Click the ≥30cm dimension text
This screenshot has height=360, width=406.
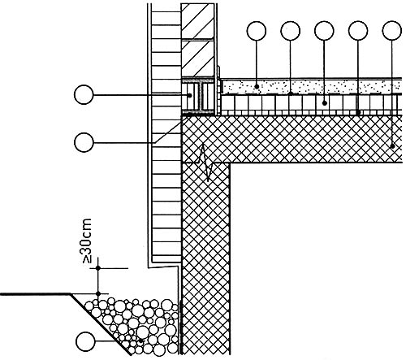coord(87,241)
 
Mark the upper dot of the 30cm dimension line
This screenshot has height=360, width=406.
coord(98,268)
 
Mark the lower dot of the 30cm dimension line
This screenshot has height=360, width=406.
coord(98,293)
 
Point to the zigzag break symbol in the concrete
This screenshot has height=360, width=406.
coord(208,163)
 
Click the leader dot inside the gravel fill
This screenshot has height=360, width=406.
coord(140,341)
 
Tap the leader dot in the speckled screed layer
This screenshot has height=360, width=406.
coord(257,87)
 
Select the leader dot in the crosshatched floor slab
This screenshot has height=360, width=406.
coord(392,146)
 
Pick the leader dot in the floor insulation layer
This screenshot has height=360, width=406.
coord(324,103)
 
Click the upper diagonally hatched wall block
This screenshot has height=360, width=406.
coord(197,21)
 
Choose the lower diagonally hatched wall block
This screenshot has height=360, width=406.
coord(197,58)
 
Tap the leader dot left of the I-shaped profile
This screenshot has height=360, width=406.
coord(190,95)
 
